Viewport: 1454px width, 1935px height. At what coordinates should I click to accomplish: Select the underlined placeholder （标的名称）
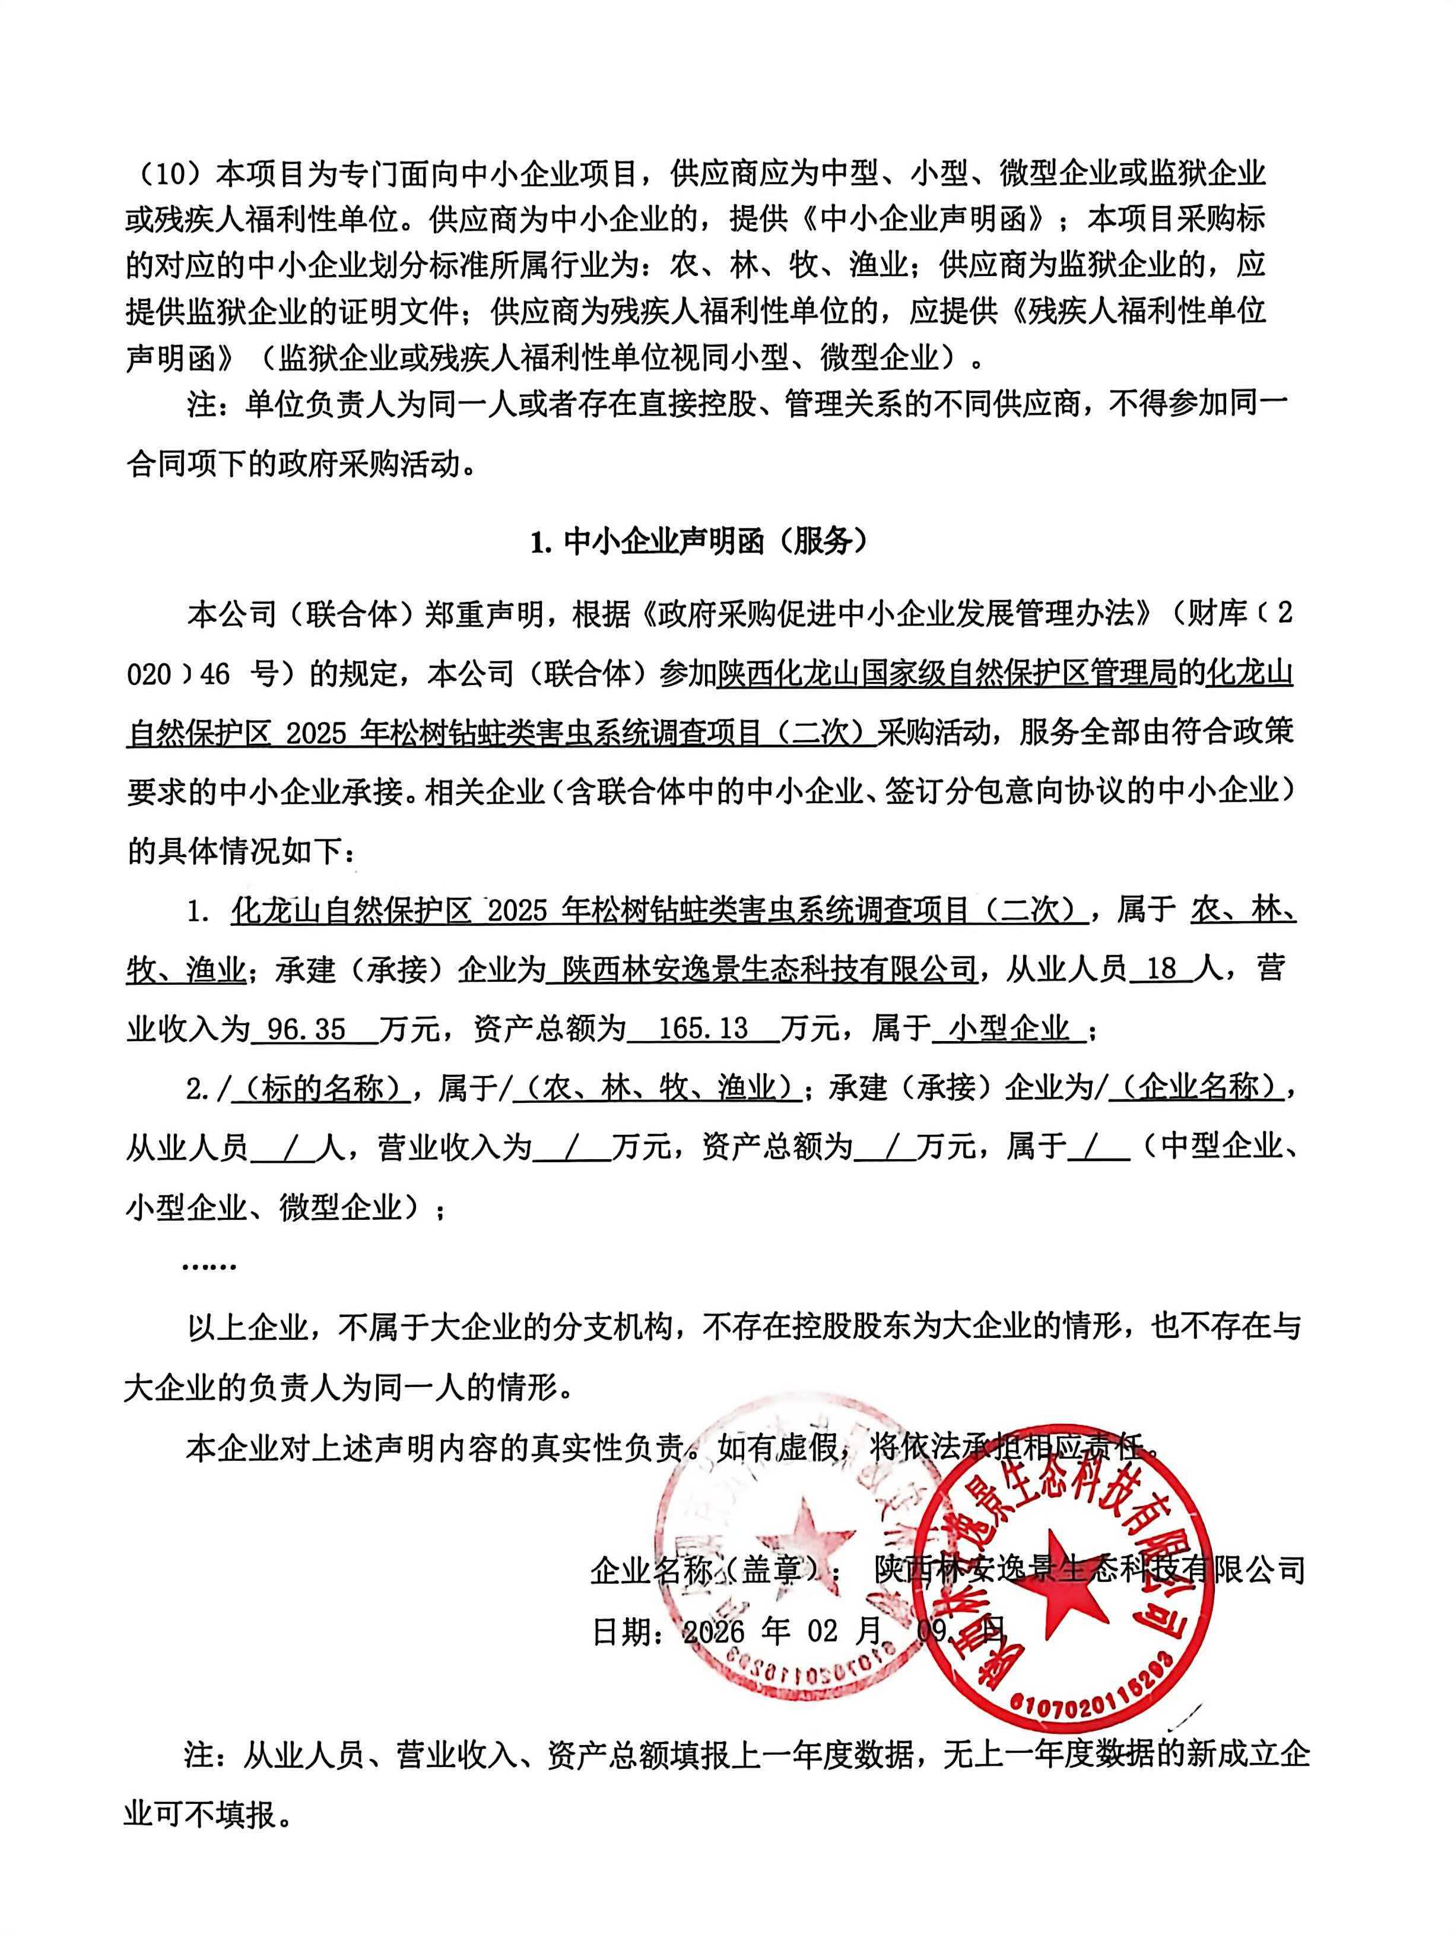click(x=323, y=1088)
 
